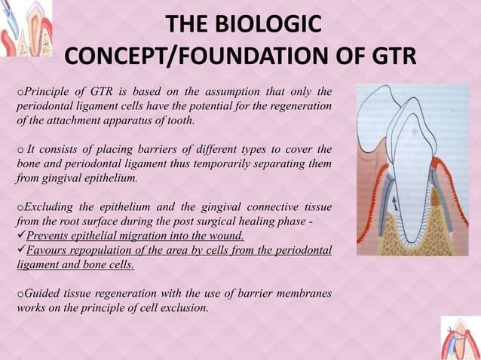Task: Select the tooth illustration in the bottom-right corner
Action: [x=460, y=337]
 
